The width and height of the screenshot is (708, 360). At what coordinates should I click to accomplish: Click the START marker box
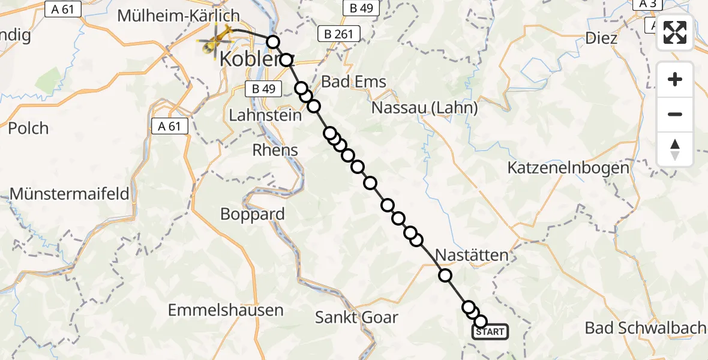tap(490, 332)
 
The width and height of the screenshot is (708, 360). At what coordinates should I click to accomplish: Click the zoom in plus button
tap(675, 79)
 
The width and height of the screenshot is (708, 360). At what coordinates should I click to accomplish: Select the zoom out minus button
tap(675, 114)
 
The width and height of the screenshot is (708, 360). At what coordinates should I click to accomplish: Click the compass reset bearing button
tap(675, 149)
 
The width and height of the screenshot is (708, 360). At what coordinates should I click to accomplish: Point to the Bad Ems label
tap(354, 82)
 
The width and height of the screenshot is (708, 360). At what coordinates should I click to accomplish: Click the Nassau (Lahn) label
tap(425, 108)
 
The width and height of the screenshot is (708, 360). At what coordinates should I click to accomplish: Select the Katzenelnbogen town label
tap(569, 168)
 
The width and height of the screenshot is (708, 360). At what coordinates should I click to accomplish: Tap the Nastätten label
tap(472, 255)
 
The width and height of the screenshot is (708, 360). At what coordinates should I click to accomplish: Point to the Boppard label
tap(253, 214)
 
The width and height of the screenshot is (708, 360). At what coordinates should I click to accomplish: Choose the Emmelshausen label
tap(226, 310)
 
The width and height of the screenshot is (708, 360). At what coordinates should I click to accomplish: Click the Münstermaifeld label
tap(70, 194)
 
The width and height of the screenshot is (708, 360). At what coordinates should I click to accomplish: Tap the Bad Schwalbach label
tap(645, 328)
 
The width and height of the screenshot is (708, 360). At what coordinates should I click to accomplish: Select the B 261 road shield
tap(338, 34)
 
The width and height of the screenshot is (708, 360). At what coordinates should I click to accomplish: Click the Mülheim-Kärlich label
tap(178, 16)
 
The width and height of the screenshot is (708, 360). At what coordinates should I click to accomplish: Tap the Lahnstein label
tap(266, 115)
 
